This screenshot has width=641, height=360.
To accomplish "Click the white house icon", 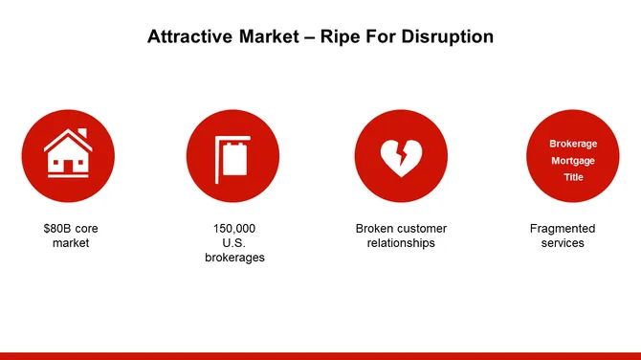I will pyautogui.click(x=68, y=155).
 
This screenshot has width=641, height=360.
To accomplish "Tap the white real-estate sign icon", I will pyautogui.click(x=233, y=156).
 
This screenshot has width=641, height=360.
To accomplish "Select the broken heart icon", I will pyautogui.click(x=401, y=156).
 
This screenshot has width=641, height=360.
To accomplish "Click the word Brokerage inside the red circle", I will pyautogui.click(x=573, y=144).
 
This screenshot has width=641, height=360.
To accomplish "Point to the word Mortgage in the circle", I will pyautogui.click(x=573, y=161).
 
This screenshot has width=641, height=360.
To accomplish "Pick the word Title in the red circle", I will pyautogui.click(x=573, y=177).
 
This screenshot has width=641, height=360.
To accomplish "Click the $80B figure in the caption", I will pyautogui.click(x=57, y=229).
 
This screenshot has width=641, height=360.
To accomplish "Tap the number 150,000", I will pyautogui.click(x=234, y=229).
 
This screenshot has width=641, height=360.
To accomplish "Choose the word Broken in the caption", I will pyautogui.click(x=375, y=229).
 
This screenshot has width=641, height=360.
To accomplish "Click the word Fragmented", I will pyautogui.click(x=563, y=229).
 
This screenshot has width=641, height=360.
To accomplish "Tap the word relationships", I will pyautogui.click(x=401, y=243).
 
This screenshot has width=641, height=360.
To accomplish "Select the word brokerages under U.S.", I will pyautogui.click(x=234, y=258).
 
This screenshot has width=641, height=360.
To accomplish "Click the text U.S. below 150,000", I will pyautogui.click(x=234, y=243).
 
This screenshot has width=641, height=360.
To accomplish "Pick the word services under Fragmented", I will pyautogui.click(x=563, y=243).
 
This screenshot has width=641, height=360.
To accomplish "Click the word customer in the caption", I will pyautogui.click(x=422, y=229).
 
